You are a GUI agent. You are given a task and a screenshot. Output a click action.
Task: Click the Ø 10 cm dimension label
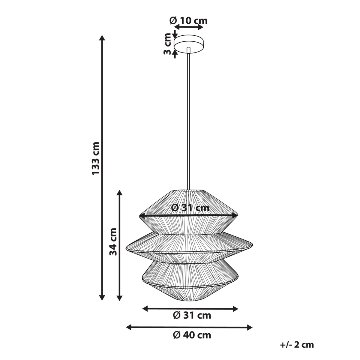coord(188,21)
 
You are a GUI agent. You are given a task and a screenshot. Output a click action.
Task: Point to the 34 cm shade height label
coord(113,242)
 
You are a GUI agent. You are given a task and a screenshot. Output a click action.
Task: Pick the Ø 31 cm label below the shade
coord(192,315)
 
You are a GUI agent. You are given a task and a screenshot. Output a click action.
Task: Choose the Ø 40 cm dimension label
coord(192,335)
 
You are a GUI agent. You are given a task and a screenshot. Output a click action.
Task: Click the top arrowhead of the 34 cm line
coord(120,193)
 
